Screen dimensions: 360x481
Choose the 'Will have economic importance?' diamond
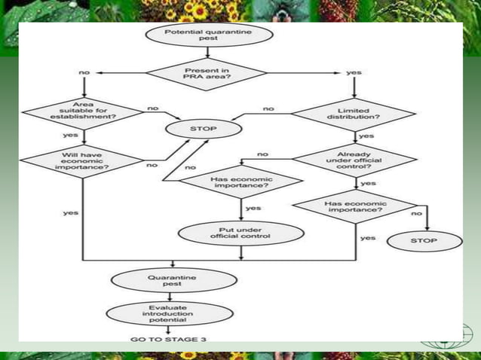click(81, 160)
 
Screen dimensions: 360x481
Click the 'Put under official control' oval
click(240, 233)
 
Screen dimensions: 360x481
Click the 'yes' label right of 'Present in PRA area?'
click(354, 72)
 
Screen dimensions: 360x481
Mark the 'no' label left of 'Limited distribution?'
click(268, 108)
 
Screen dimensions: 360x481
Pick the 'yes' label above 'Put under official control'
click(253, 208)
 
